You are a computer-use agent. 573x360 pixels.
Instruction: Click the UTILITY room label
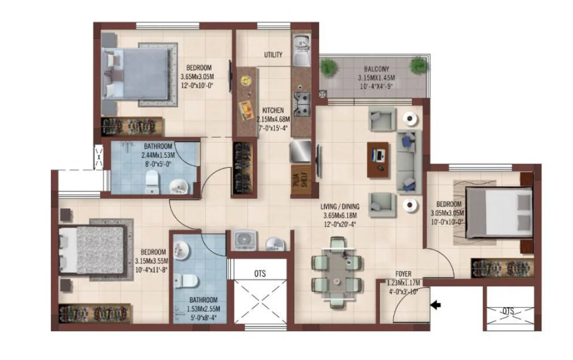[273, 55]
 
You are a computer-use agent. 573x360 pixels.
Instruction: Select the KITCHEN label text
[273, 111]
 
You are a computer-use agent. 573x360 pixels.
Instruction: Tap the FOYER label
[406, 274]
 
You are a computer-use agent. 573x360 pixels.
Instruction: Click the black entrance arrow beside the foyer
[434, 304]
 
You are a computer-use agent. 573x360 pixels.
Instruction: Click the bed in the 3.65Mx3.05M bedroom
[139, 78]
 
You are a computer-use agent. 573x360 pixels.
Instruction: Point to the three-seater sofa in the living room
[408, 160]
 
